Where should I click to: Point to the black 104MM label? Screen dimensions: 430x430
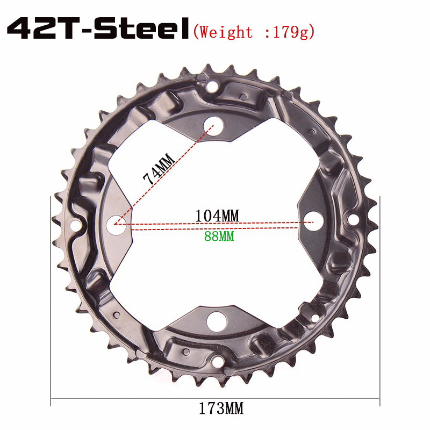point(217,215)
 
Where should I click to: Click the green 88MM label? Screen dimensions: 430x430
point(219,235)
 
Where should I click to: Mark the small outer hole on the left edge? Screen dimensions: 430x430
point(76,224)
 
